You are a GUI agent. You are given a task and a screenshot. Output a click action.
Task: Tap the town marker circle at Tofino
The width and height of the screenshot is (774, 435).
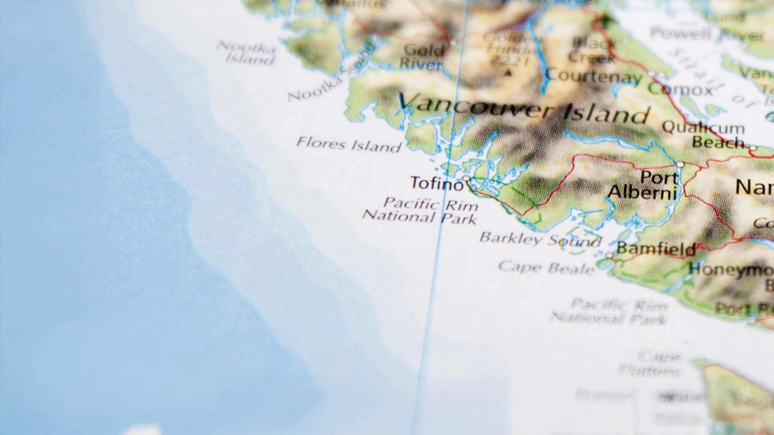467,178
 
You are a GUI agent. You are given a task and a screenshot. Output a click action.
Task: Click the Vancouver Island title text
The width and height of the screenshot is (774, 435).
523,109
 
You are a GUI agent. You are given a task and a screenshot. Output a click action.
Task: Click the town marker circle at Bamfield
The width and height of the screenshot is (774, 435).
610,256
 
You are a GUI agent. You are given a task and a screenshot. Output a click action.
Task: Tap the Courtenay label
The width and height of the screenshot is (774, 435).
594,77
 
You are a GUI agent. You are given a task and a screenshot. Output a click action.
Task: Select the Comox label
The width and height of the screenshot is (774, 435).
680,89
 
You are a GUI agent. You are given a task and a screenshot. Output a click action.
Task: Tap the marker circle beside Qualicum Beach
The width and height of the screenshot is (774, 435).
753,148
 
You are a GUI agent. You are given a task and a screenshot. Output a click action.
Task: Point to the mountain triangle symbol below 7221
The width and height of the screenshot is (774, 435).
509,72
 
